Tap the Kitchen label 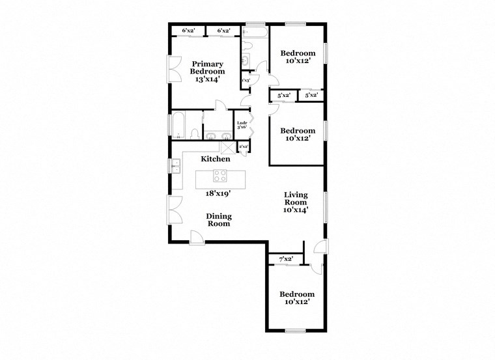tap(214, 159)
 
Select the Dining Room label tap(219, 220)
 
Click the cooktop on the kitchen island tap(220, 175)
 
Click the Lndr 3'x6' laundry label tap(241, 125)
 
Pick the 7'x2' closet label tap(285, 259)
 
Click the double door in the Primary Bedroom tap(175, 68)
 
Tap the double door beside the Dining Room tap(175, 210)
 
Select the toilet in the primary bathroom tap(194, 134)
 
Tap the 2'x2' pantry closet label tap(243, 147)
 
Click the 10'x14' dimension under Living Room tap(295, 210)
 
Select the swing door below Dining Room tap(196, 236)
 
